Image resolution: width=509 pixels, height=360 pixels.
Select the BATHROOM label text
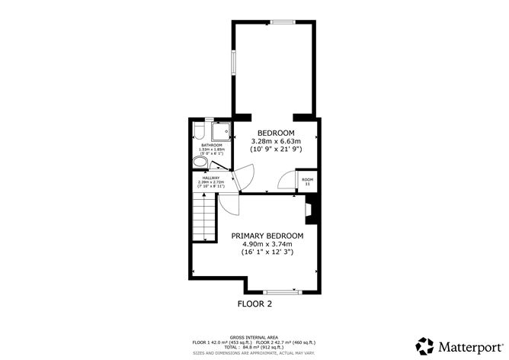pyautogui.click(x=211, y=145)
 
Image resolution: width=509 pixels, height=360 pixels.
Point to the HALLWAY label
pyautogui.click(x=211, y=178)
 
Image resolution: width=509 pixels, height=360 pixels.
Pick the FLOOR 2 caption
pyautogui.click(x=254, y=304)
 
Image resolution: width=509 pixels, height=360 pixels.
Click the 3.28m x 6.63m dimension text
pyautogui.click(x=277, y=141)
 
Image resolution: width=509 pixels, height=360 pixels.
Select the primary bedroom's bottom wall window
pyautogui.click(x=280, y=292)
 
